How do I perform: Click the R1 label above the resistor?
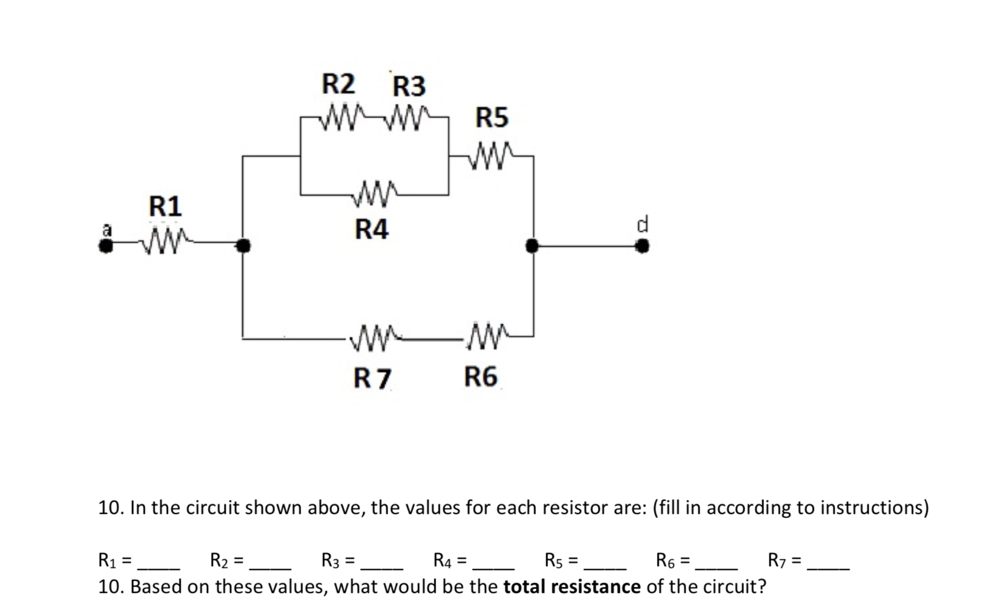pyautogui.click(x=165, y=207)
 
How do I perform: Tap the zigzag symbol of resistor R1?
pyautogui.click(x=165, y=243)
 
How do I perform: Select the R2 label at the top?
pyautogui.click(x=338, y=84)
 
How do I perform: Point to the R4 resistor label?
pyautogui.click(x=371, y=230)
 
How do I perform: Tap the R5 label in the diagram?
pyautogui.click(x=491, y=117)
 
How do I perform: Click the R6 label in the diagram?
pyautogui.click(x=481, y=377)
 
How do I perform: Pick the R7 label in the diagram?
pyautogui.click(x=372, y=379)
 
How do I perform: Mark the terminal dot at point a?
pyautogui.click(x=106, y=246)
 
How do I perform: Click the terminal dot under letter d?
pyautogui.click(x=642, y=246)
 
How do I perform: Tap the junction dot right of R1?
pyautogui.click(x=243, y=246)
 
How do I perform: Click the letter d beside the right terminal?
pyautogui.click(x=642, y=224)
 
